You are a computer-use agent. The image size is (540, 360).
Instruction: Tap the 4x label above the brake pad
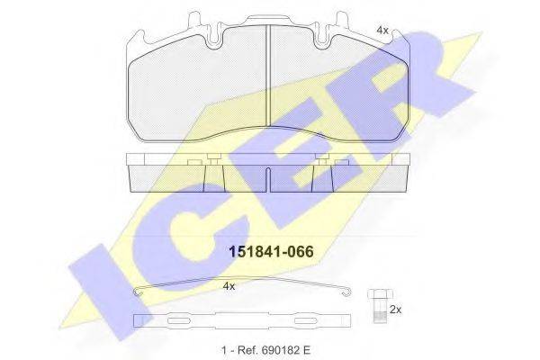382,31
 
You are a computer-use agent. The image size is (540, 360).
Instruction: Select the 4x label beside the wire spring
229,285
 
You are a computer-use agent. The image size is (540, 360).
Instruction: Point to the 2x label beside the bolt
394,309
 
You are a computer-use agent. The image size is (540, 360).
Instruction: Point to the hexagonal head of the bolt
376,294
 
